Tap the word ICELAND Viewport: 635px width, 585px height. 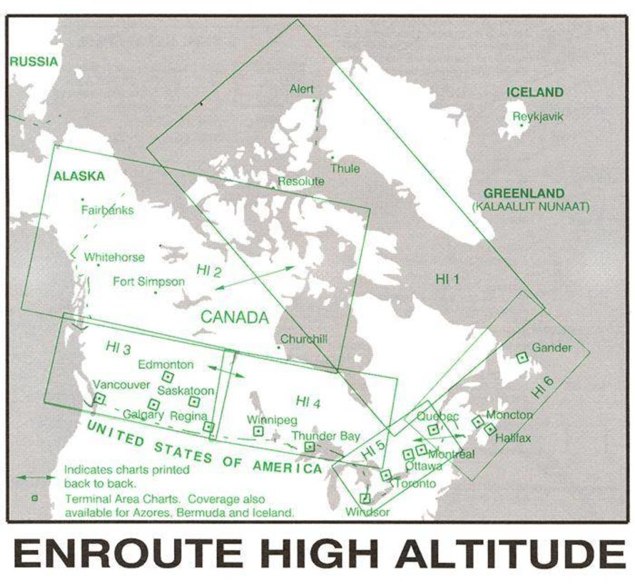(x=534, y=92)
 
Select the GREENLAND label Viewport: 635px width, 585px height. (x=524, y=193)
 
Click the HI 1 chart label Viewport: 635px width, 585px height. (x=447, y=279)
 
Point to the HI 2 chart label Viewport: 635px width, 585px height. (x=209, y=270)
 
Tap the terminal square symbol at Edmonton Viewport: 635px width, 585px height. (x=168, y=376)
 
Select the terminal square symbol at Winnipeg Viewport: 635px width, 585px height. (x=258, y=431)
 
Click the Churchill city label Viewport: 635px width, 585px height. (x=304, y=340)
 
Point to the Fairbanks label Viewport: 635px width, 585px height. (x=107, y=210)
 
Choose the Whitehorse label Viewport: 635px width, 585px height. (x=114, y=257)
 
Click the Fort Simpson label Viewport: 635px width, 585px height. (x=148, y=282)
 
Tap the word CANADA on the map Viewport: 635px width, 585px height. (x=234, y=317)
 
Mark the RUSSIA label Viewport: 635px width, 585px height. (x=34, y=61)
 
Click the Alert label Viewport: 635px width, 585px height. (x=301, y=89)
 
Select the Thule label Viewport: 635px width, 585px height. (x=345, y=169)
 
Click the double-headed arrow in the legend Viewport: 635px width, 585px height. (x=36, y=476)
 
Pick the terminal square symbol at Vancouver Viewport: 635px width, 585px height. (x=99, y=398)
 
